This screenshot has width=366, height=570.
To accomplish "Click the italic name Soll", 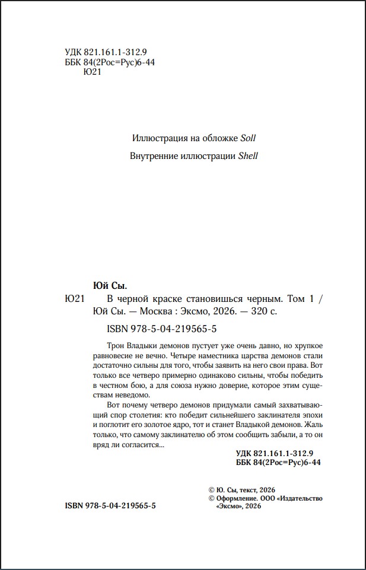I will [x=248, y=138].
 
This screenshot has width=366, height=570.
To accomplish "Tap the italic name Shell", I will [x=248, y=157].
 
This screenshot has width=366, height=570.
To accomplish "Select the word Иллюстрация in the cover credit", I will [x=157, y=138].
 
